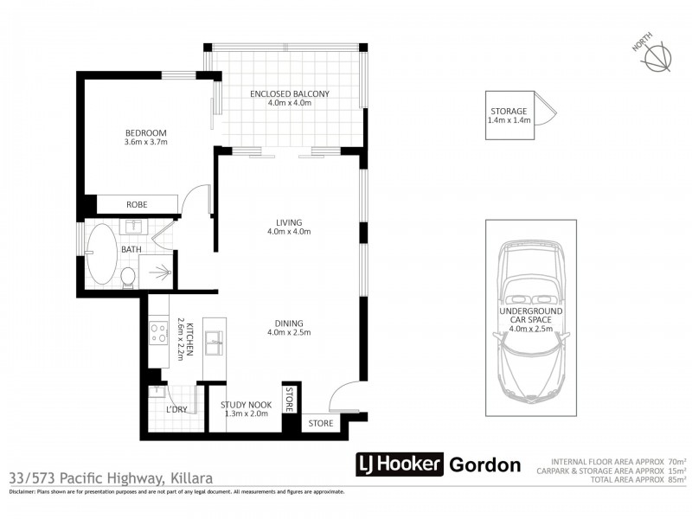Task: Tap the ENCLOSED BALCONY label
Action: coord(290,93)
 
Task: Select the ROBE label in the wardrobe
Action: coord(137,205)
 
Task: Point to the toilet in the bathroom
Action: coord(128,277)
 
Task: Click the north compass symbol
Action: coord(657,55)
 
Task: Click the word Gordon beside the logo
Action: coord(485,465)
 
